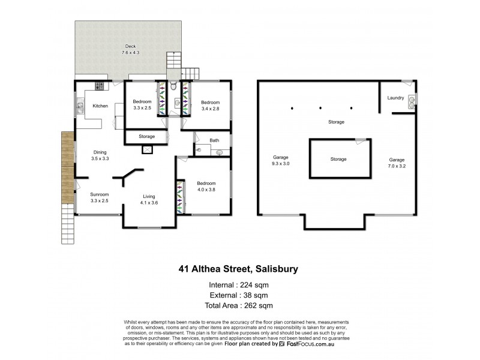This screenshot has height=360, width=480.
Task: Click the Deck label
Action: tap(127, 46)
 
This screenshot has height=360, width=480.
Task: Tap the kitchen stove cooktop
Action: tap(99, 86)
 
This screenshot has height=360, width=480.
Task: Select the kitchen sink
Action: tap(79, 108)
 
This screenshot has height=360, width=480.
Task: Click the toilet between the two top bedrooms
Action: tap(173, 88)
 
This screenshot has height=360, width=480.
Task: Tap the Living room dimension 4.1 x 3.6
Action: tap(149, 202)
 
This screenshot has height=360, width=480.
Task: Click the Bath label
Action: tap(214, 141)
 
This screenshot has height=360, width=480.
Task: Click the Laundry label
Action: tap(395, 98)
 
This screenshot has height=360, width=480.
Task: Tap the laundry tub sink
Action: tap(412, 101)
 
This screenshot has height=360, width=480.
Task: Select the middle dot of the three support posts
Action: tap(321, 109)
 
